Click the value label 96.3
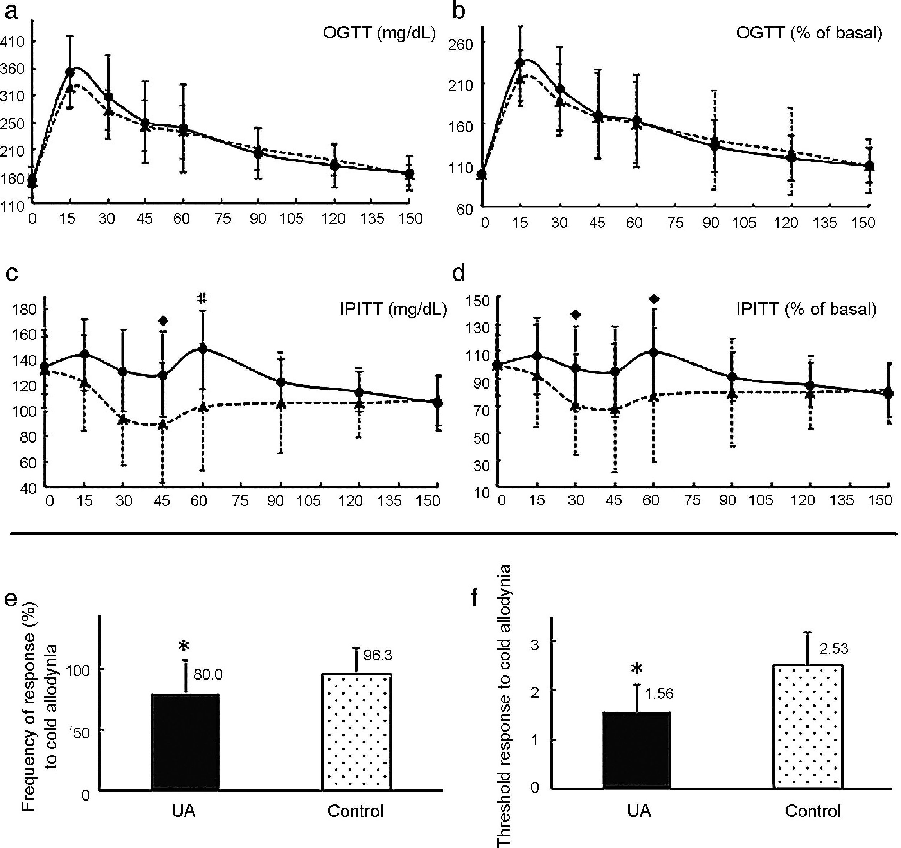click(378, 655)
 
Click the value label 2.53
click(833, 649)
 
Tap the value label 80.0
click(208, 675)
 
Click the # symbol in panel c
click(202, 298)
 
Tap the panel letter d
click(459, 274)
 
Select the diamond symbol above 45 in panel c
click(163, 321)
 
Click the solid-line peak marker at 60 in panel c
click(203, 348)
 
